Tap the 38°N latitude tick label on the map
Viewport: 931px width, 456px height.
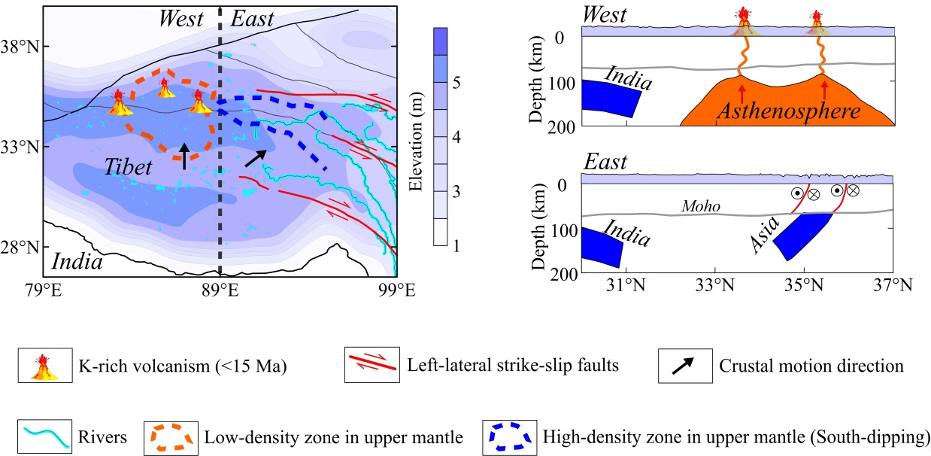(x=22, y=47)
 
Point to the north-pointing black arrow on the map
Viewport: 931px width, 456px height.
(x=184, y=155)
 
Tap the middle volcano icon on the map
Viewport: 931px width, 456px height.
(x=165, y=88)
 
